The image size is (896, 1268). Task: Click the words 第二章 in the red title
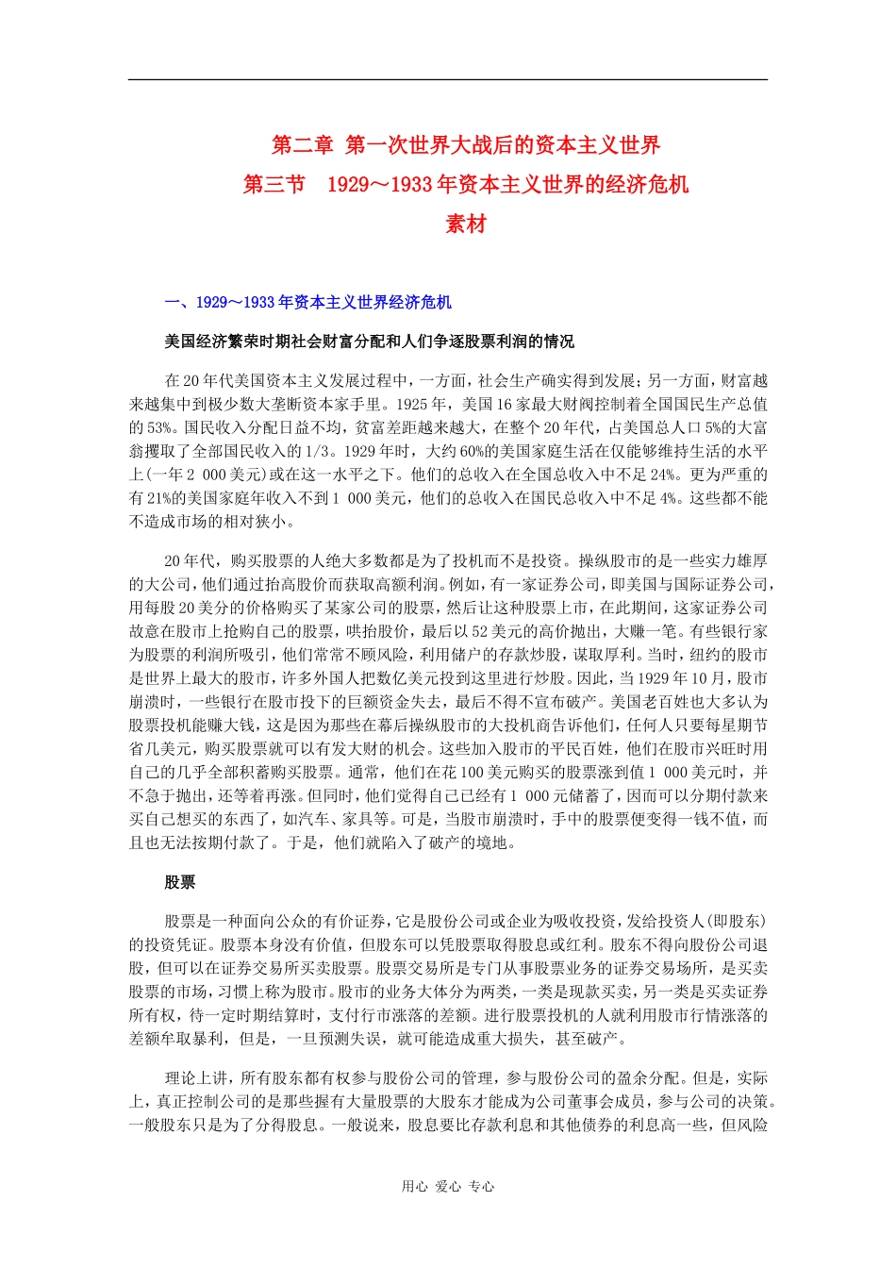[x=302, y=145]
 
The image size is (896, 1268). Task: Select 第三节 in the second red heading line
[x=274, y=184]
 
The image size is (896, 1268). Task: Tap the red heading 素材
[x=466, y=224]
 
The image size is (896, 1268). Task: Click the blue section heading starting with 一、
[x=307, y=303]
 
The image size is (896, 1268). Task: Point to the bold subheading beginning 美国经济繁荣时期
[x=369, y=342]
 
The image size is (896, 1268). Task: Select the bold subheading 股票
[x=180, y=882]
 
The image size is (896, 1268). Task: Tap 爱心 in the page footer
[x=448, y=1187]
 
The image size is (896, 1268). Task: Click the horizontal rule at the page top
[x=448, y=79]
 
